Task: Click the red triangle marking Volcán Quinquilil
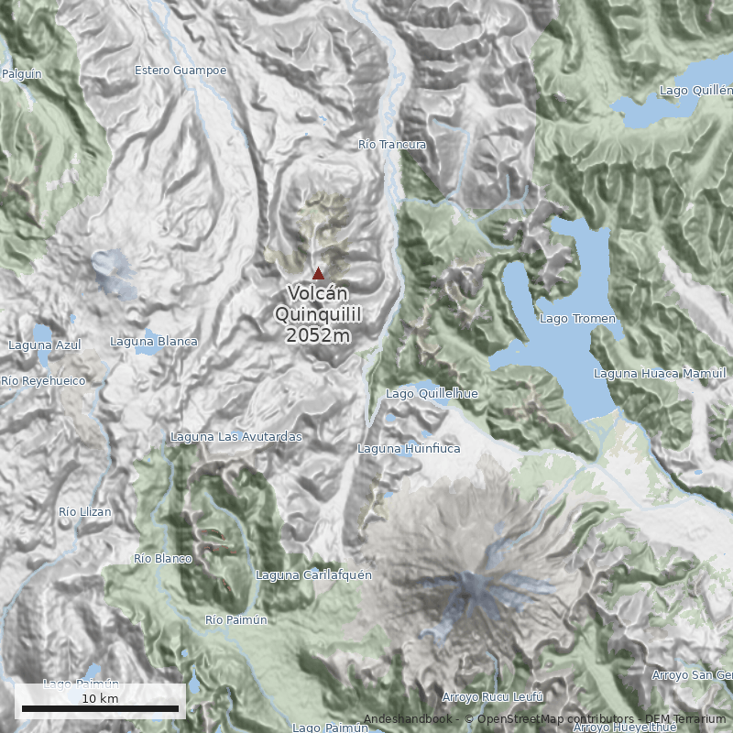pos(318,273)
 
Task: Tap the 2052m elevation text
pos(318,335)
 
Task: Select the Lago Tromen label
pos(577,319)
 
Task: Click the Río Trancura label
pos(392,145)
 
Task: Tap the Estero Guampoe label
pos(180,70)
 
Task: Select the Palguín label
pos(22,73)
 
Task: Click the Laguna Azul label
pos(44,345)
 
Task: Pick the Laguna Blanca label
pos(154,342)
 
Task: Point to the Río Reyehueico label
pos(43,380)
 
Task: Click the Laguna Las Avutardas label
pos(236,437)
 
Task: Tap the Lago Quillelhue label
pos(432,394)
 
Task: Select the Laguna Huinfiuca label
pos(409,449)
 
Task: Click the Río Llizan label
pos(84,511)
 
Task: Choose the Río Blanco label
pos(163,558)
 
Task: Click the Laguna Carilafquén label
pos(301,575)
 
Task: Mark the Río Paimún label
pos(236,620)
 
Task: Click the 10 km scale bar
pos(100,707)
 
